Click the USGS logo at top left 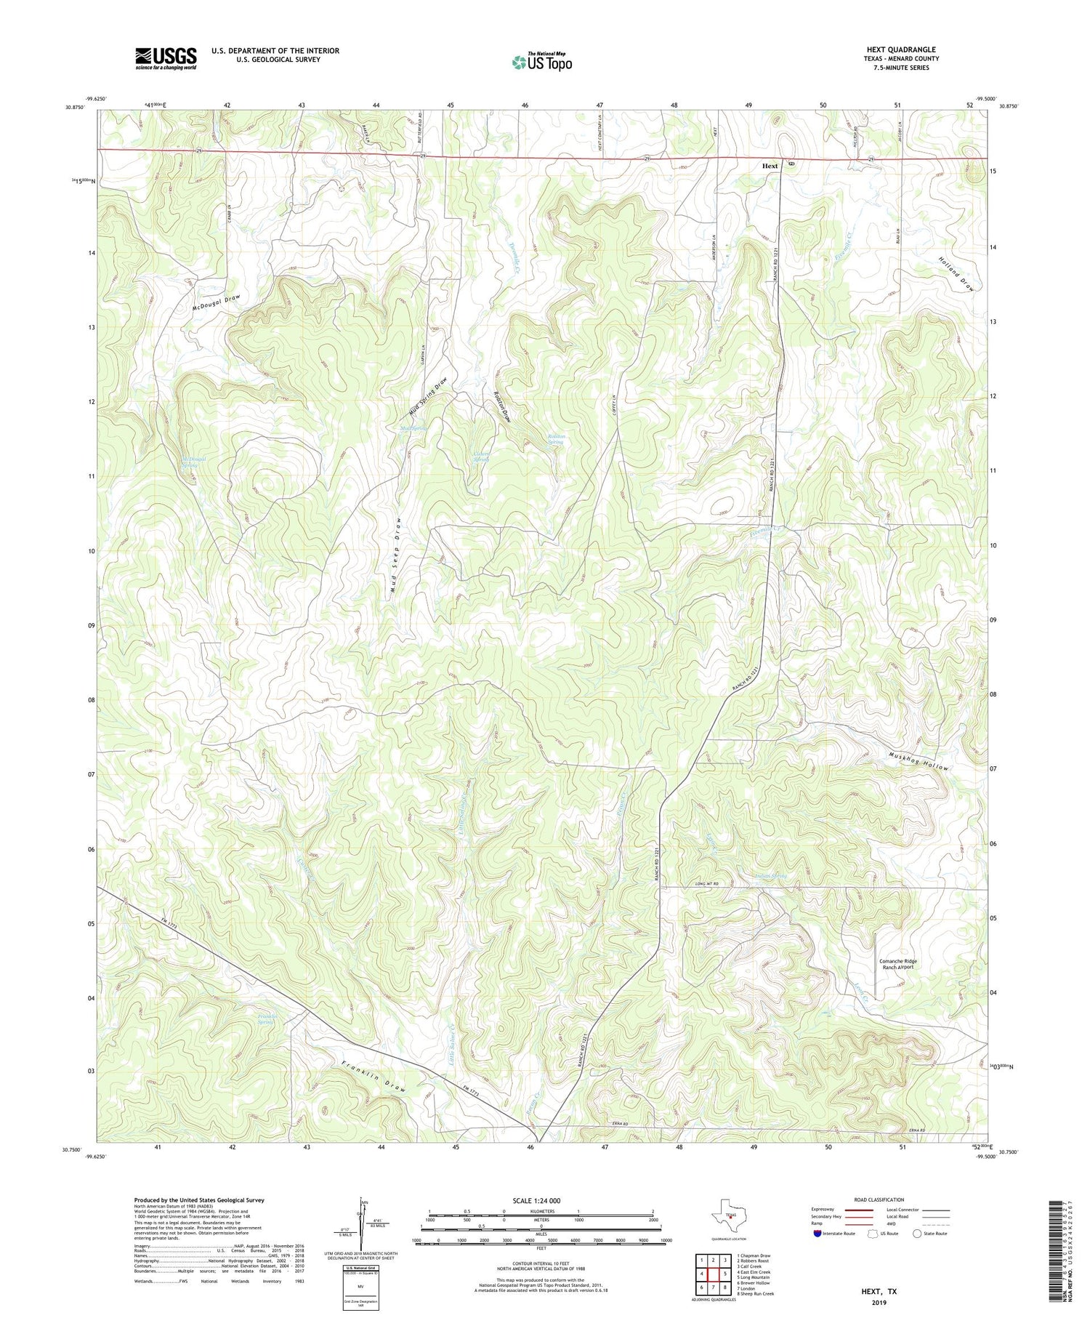click(166, 58)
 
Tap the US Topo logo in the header click(541, 63)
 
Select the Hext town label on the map click(770, 166)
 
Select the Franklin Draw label click(372, 1077)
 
